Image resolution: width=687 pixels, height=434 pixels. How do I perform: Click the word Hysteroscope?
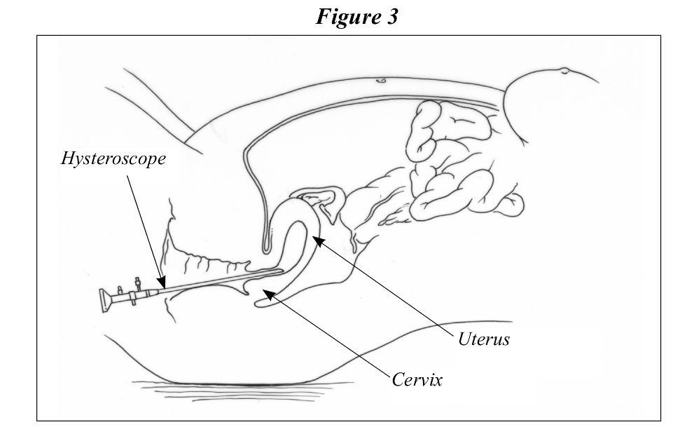113,159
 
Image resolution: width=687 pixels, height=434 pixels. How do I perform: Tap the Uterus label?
484,339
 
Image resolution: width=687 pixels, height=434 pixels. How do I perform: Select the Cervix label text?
417,379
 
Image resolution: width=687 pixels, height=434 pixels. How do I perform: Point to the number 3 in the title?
392,17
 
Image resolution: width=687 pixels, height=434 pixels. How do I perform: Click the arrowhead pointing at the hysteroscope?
162,282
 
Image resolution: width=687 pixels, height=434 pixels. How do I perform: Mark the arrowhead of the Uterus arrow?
318,240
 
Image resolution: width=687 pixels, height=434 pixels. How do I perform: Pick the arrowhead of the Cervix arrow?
268,294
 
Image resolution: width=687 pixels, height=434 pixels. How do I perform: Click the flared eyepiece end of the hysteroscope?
105,300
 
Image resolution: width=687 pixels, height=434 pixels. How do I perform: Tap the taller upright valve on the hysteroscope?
138,285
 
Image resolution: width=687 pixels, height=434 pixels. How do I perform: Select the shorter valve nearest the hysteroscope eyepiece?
120,290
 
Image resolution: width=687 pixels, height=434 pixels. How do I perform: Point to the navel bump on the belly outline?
564,70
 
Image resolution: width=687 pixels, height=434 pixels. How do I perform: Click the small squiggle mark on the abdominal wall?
381,81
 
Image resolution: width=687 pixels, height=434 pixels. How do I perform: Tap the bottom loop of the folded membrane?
266,250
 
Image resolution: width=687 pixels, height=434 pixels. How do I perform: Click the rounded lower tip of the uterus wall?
259,302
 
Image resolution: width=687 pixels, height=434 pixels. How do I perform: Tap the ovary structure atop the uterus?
322,198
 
